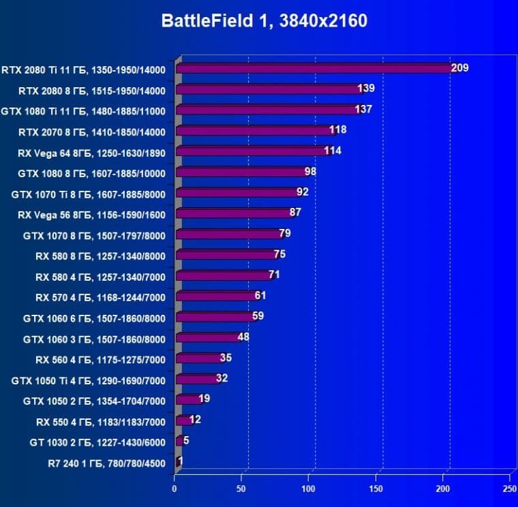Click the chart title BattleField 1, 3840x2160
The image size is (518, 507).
coord(264,21)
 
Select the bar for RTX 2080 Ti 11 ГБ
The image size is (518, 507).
coord(314,68)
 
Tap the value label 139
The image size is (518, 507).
coord(366,89)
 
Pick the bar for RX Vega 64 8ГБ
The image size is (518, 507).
coord(252,151)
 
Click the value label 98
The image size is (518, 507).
coord(310,172)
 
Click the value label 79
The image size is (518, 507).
coord(285,234)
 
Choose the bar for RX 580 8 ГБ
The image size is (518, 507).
coord(226,255)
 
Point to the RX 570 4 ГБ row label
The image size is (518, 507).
coord(100,296)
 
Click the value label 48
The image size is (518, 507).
coord(243,338)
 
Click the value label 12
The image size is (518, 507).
coord(195,420)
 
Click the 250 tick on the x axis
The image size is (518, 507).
coord(508,489)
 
